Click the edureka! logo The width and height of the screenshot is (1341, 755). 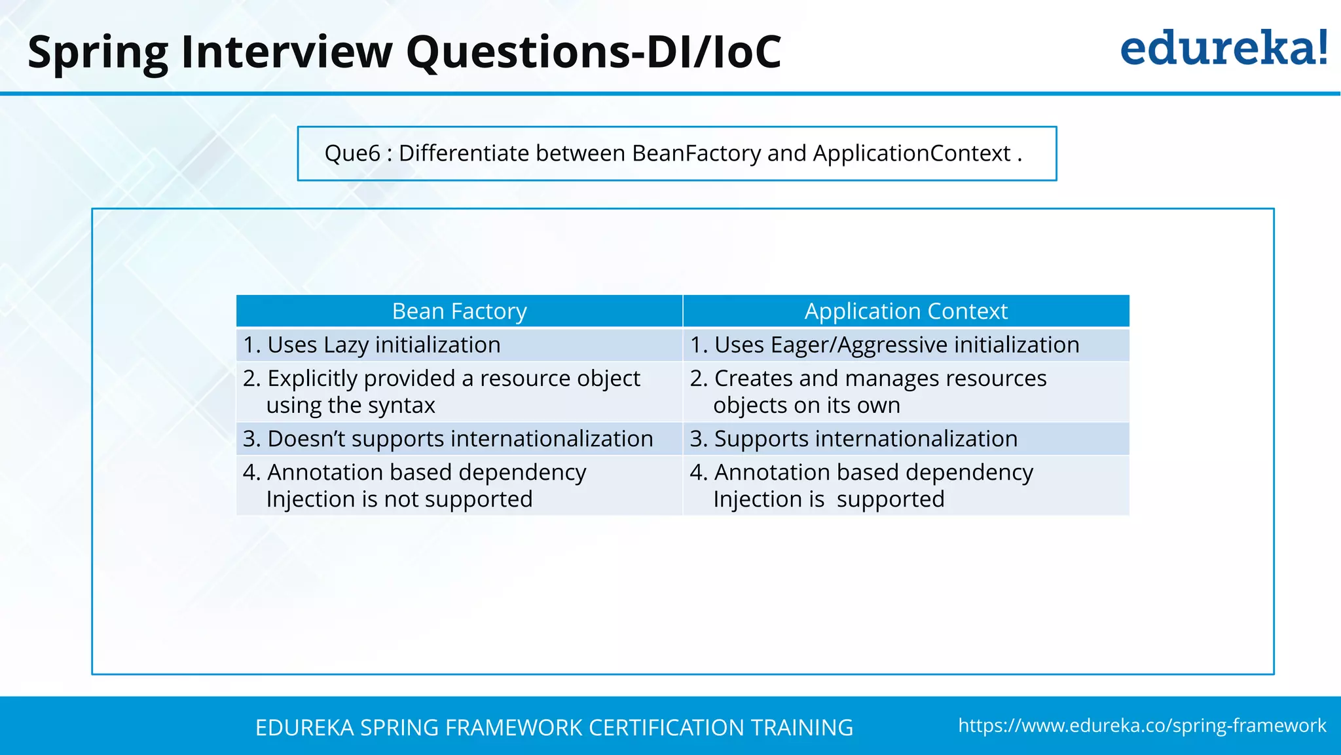(1223, 48)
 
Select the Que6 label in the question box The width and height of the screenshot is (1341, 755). (352, 153)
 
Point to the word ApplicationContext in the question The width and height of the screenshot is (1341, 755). (911, 153)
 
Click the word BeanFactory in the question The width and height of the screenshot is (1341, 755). (696, 153)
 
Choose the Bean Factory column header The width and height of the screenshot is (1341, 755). (459, 311)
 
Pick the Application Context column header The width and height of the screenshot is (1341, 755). (906, 311)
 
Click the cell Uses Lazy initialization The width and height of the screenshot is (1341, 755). (372, 345)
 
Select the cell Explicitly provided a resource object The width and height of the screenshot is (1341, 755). (441, 391)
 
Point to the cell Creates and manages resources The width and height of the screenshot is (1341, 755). (868, 391)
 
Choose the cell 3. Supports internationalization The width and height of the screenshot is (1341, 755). (854, 438)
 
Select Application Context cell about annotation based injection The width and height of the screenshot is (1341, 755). (862, 486)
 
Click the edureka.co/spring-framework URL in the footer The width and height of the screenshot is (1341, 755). (1142, 726)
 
